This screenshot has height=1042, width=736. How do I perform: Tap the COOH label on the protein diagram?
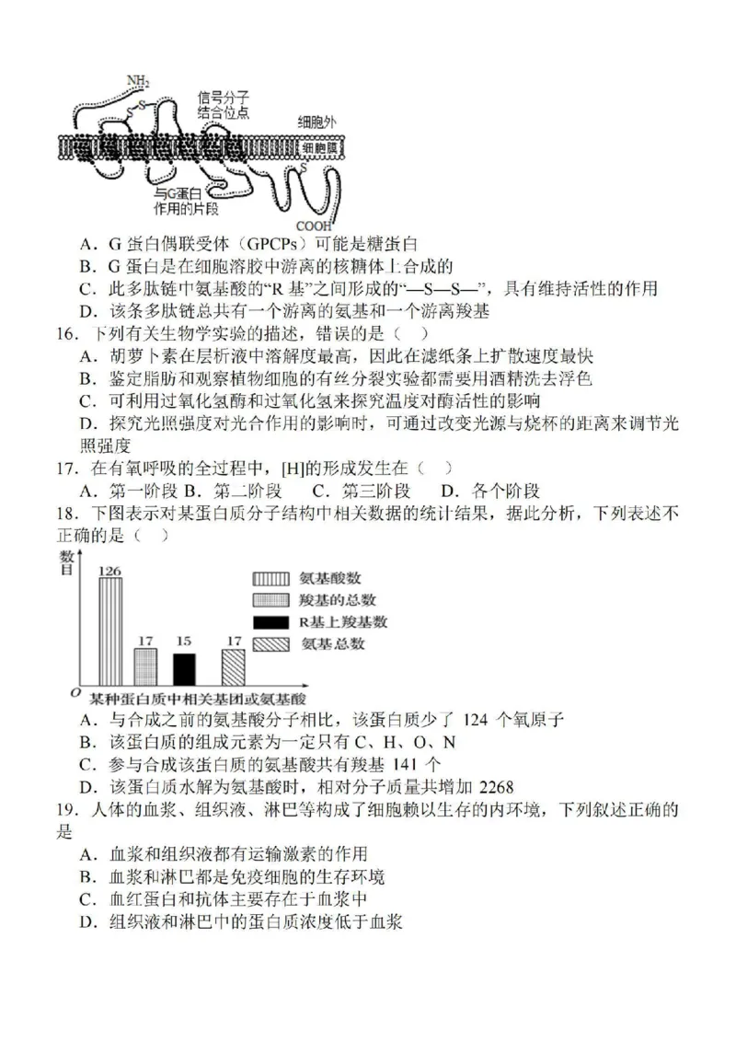[x=313, y=225]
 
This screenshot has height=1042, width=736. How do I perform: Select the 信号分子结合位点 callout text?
[x=223, y=104]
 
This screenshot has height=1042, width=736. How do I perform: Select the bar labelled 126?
[x=110, y=631]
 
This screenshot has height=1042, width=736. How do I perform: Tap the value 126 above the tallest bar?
[x=110, y=571]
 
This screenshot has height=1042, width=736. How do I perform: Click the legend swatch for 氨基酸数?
[x=268, y=578]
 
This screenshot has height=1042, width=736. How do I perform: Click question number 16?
[x=63, y=331]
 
